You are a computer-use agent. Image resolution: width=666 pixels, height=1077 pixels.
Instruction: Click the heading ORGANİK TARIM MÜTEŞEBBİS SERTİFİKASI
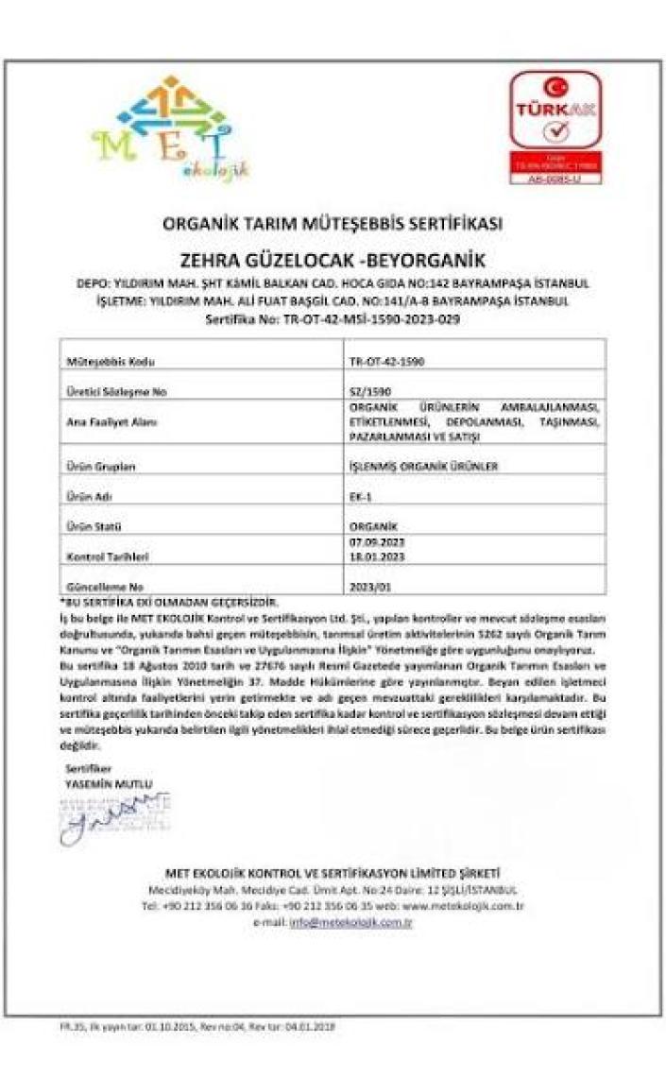coord(332,224)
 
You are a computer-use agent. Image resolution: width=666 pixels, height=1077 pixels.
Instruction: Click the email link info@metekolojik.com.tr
coord(350,922)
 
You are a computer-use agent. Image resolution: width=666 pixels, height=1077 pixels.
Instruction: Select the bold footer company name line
coord(333,872)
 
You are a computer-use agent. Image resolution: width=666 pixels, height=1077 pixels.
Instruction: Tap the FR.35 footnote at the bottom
coord(185,1026)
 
